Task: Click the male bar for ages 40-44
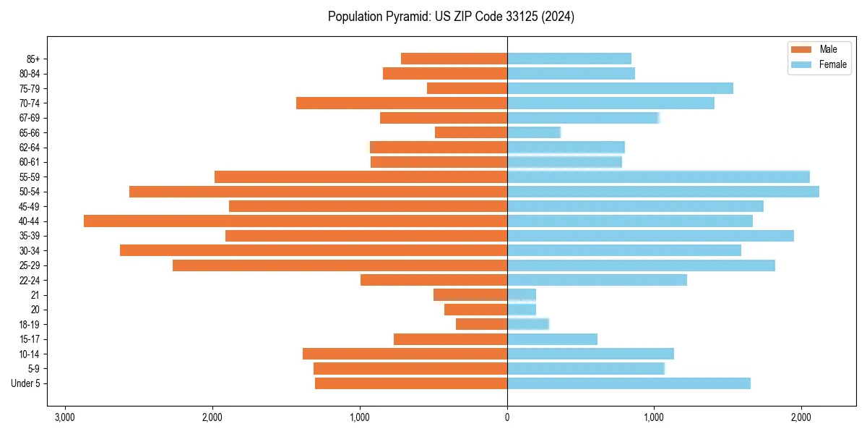point(296,221)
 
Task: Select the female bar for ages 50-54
point(663,192)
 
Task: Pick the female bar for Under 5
point(629,383)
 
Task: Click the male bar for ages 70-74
point(402,103)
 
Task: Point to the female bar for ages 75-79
point(620,88)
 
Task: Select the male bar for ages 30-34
point(314,250)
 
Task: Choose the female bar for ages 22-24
point(597,280)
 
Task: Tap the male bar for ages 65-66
point(471,132)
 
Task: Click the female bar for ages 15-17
point(552,339)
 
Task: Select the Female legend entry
point(819,64)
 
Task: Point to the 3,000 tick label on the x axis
point(65,417)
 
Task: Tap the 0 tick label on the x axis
point(507,417)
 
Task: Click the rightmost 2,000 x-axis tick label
point(801,417)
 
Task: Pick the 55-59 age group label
point(30,176)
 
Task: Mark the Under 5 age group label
point(25,383)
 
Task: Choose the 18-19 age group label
point(30,324)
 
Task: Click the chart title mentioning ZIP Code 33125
point(451,17)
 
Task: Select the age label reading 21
point(35,295)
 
